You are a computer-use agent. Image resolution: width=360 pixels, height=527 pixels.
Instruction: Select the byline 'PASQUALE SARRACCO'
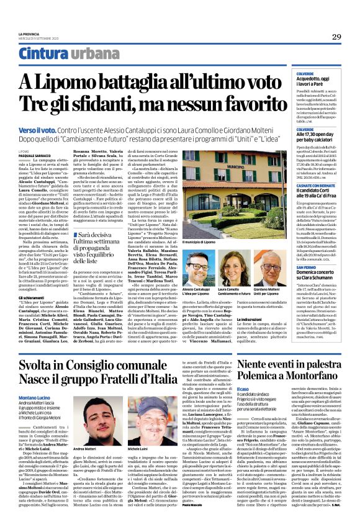coord(34,155)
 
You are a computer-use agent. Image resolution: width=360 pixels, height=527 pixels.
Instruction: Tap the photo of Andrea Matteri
coord(91,421)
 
